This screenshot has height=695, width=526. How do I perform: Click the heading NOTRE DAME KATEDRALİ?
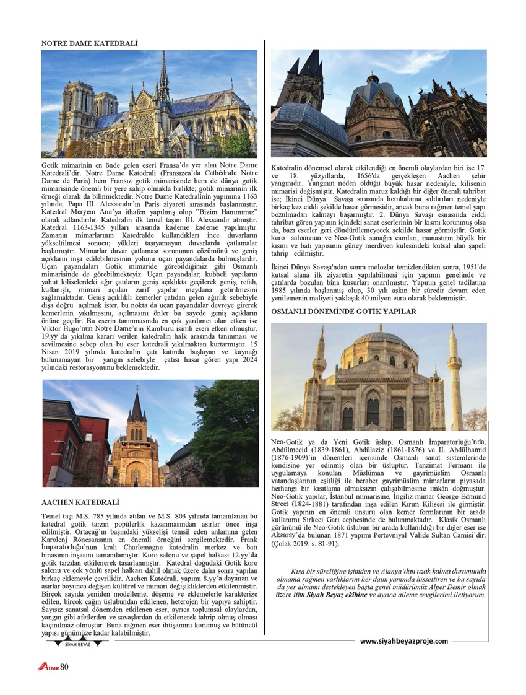[x=89, y=44]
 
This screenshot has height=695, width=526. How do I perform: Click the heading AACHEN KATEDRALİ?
[x=80, y=502]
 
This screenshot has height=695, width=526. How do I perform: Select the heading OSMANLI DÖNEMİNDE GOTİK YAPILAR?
[x=344, y=311]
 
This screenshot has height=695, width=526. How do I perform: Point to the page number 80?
[x=64, y=667]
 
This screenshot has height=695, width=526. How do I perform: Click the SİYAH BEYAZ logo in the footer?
[x=77, y=644]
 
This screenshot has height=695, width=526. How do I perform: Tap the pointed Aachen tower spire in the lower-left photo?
[x=136, y=406]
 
